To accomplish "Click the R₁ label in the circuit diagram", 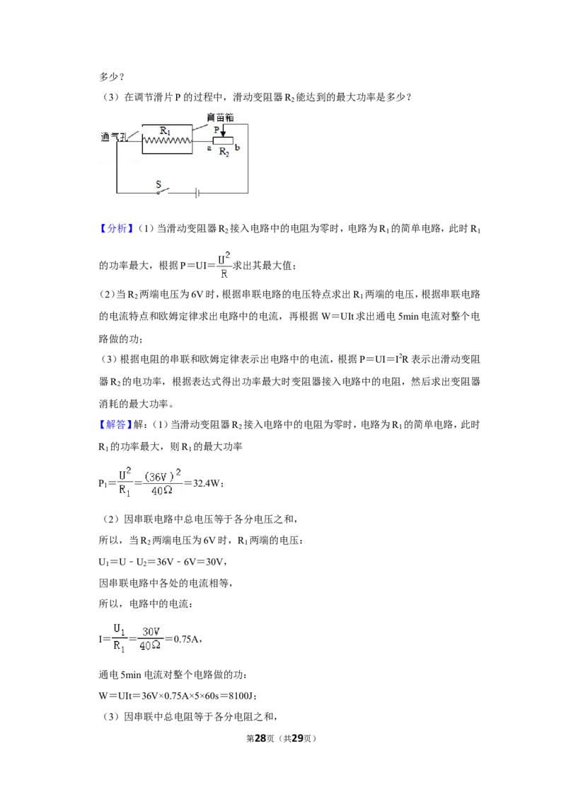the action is [x=165, y=131].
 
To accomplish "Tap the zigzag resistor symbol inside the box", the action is [x=167, y=140].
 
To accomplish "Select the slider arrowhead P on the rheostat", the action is [x=222, y=134].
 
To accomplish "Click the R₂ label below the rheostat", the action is [x=224, y=152].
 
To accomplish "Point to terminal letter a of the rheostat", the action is [x=209, y=148].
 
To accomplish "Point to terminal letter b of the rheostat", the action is [x=238, y=148].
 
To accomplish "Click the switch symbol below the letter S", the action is [x=163, y=191].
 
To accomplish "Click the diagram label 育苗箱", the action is [x=220, y=117].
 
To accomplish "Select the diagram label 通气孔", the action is [x=113, y=137].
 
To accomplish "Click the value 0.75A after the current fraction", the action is [x=187, y=639].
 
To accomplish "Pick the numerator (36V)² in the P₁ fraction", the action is [x=163, y=475].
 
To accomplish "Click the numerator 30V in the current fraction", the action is [x=151, y=632].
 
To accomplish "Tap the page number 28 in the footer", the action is [x=260, y=738].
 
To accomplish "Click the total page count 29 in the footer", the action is [x=297, y=738].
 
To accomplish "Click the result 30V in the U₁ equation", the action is [x=214, y=562].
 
